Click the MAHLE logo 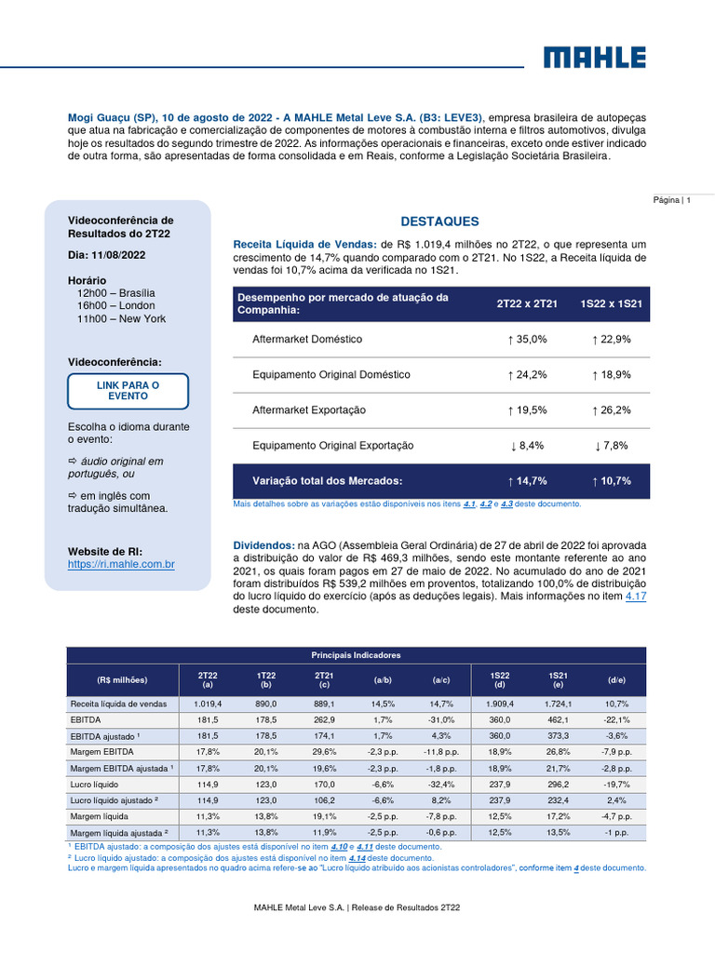pos(594,58)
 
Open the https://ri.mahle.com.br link pos(121,564)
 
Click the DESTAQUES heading pos(439,221)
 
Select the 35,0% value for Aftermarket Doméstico pos(527,340)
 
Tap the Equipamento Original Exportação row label pos(332,446)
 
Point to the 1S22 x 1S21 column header pos(612,303)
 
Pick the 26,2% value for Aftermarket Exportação pos(612,410)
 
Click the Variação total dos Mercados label pos(327,481)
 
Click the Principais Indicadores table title pos(356,655)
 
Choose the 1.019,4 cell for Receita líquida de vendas pos(208,704)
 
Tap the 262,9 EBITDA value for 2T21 pos(324,719)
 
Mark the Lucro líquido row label pos(94,784)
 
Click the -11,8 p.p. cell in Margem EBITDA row pos(440,752)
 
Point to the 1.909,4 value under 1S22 pos(499,704)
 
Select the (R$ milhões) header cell pos(122,678)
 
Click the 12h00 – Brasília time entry pos(115,293)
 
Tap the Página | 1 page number pos(671,200)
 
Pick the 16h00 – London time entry pos(115,306)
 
